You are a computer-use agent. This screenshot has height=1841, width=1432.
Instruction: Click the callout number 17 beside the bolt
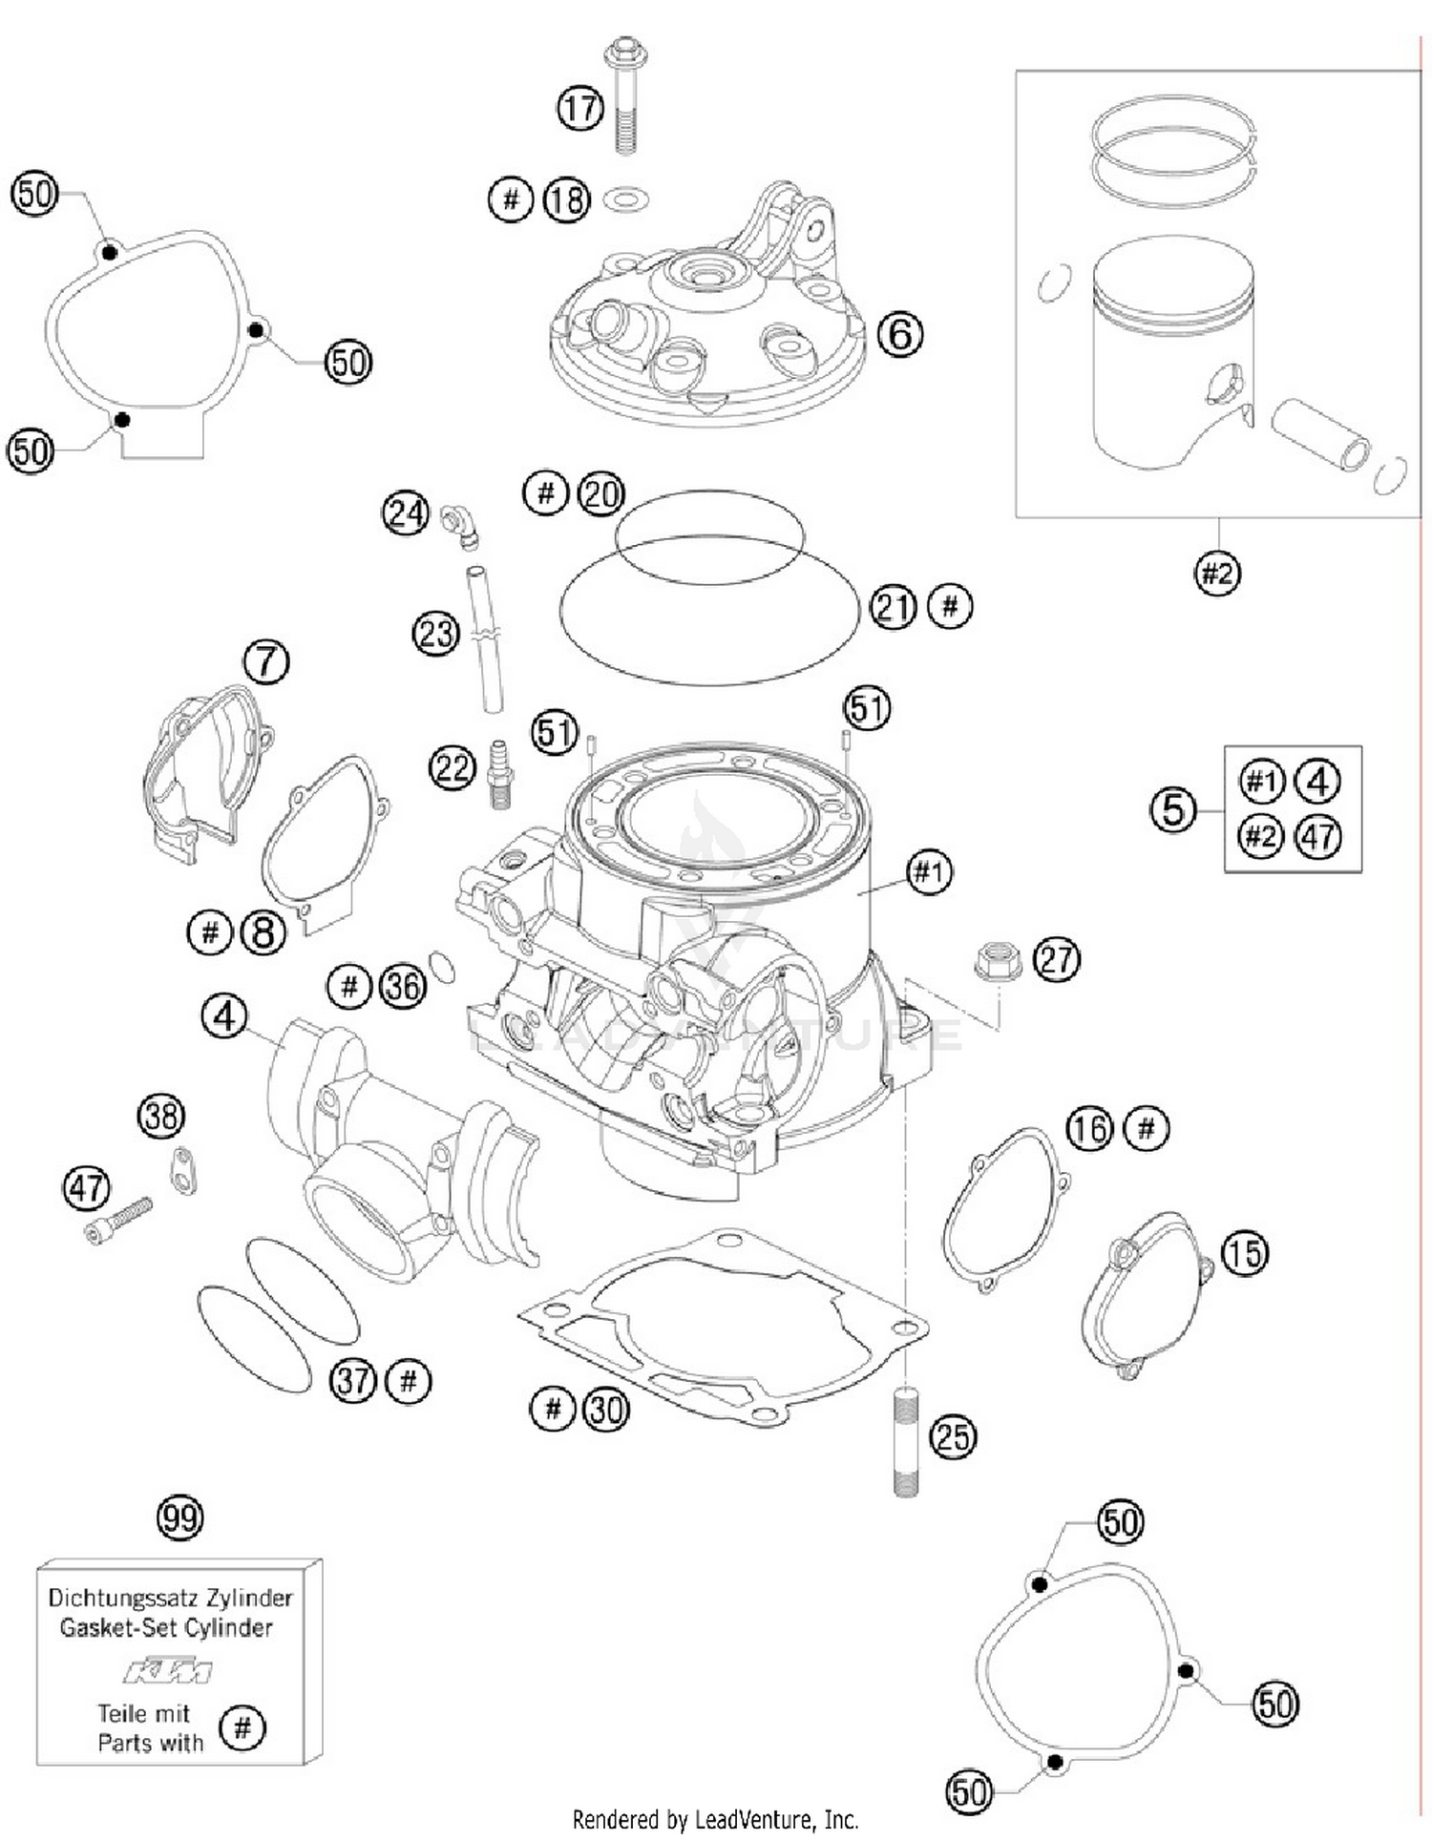pos(580,109)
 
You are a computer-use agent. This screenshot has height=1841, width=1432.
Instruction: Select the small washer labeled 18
pos(626,200)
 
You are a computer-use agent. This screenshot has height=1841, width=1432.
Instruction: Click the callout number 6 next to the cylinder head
pos(899,335)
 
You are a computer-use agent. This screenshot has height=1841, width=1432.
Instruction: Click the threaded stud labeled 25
pos(906,1441)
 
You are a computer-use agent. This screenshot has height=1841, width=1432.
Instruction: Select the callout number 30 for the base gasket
pos(605,1409)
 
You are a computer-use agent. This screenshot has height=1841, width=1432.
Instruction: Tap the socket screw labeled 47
pos(118,1221)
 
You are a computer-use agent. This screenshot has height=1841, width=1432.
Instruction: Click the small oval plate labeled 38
pos(182,1170)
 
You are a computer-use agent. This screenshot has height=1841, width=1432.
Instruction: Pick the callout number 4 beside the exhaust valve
pos(224,1017)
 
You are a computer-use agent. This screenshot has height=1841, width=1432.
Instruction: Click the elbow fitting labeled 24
pos(461,527)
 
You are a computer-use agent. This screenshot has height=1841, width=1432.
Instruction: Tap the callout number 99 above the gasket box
pos(179,1517)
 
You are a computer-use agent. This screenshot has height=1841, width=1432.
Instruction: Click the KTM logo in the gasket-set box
pos(168,1671)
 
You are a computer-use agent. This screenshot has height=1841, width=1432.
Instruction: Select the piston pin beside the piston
pos(1321,434)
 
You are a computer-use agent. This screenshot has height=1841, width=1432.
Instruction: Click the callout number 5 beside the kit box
pos(1172,810)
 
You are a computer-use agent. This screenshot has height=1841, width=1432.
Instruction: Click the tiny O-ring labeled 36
pos(443,966)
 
